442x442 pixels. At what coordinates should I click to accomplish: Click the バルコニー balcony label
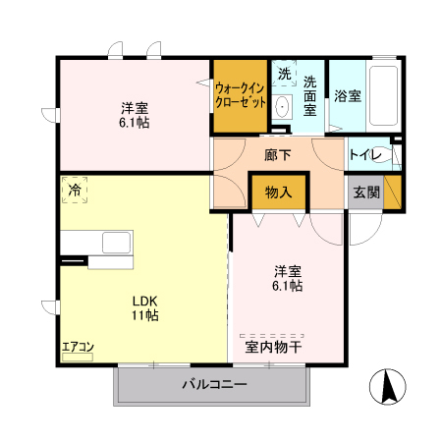(x=213, y=383)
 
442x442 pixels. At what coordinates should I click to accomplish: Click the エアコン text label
(x=78, y=347)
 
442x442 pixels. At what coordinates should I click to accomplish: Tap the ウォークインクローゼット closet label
(x=240, y=94)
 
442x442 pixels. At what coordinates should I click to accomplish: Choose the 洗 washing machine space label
(x=283, y=74)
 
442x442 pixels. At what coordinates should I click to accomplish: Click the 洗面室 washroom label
(x=310, y=95)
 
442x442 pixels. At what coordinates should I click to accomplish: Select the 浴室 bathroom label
(x=347, y=96)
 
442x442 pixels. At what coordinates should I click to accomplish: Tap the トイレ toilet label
(x=363, y=155)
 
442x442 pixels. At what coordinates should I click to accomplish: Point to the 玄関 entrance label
(x=364, y=192)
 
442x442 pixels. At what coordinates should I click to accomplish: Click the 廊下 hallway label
(x=278, y=155)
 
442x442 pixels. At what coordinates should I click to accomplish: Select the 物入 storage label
(x=278, y=192)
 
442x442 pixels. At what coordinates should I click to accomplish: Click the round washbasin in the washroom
(x=282, y=107)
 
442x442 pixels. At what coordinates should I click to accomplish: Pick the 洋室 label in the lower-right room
(x=287, y=270)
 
